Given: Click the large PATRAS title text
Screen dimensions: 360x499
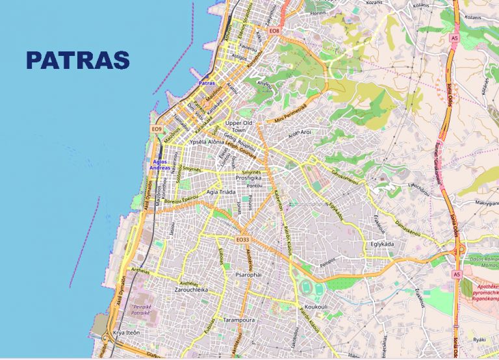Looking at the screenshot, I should [78, 60].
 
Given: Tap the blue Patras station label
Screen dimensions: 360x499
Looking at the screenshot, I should [206, 83].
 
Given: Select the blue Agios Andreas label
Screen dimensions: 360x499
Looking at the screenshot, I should [160, 164].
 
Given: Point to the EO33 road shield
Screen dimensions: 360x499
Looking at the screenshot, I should [243, 240].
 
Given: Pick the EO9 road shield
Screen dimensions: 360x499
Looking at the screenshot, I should [156, 129].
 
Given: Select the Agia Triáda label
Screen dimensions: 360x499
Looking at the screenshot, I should [221, 192].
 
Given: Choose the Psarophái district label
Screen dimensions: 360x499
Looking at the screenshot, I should [248, 276].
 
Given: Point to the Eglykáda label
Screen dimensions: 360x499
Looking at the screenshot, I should [382, 244].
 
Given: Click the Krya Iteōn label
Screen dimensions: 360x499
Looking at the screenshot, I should [127, 332].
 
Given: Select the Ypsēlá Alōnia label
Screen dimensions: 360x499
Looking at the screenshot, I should [207, 142].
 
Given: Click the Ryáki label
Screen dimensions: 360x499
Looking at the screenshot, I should [480, 339].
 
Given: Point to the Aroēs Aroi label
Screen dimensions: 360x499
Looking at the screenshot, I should [301, 132].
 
